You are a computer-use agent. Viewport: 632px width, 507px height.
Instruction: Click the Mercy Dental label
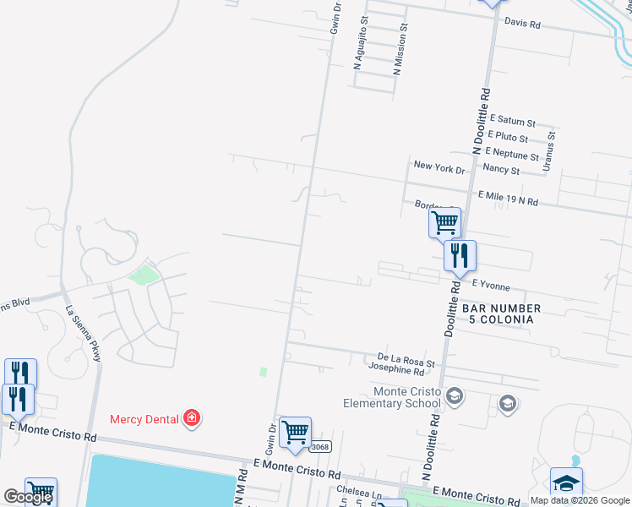tap(145, 418)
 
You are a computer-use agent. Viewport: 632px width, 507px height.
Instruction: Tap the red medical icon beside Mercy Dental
tap(192, 417)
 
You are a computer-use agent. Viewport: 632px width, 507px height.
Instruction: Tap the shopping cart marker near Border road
tap(444, 223)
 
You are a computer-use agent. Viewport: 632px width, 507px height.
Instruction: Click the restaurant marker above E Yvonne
tap(460, 255)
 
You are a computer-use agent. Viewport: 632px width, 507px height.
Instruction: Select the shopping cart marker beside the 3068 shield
tap(296, 433)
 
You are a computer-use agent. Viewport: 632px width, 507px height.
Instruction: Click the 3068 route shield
tap(319, 447)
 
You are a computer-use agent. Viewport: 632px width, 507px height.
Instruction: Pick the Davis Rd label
tap(521, 24)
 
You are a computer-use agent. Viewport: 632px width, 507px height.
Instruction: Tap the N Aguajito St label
tap(364, 42)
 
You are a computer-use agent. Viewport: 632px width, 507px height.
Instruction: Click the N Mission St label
tap(401, 50)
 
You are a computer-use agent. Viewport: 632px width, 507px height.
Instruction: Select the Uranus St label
tap(551, 150)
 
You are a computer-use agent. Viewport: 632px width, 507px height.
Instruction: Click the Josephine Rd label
tap(395, 370)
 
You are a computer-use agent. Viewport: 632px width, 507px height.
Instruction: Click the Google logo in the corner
tap(29, 497)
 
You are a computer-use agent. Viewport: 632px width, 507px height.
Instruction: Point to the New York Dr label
tap(439, 169)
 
